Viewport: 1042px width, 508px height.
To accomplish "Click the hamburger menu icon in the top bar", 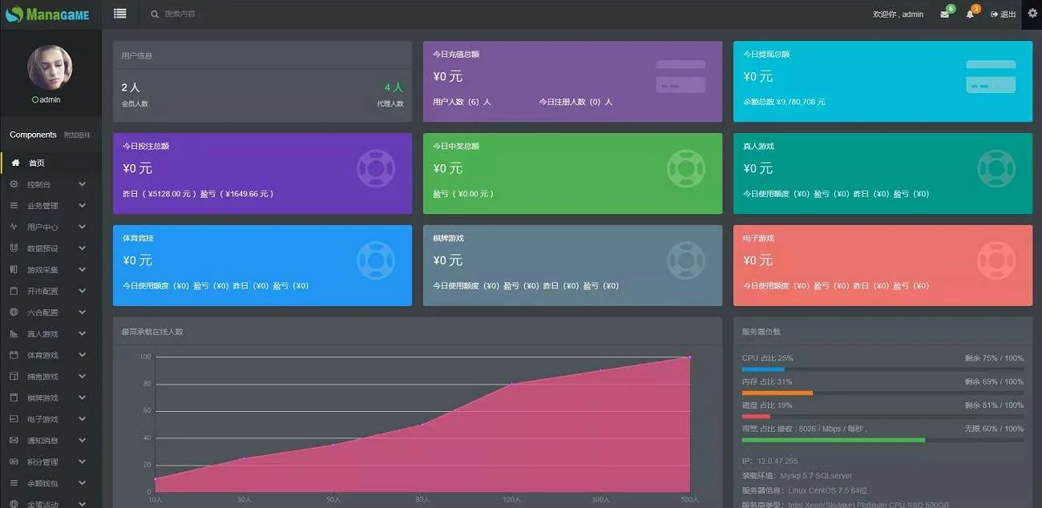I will (120, 14).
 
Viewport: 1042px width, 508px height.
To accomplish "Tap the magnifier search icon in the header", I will (155, 14).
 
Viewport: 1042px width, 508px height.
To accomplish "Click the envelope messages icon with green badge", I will (945, 14).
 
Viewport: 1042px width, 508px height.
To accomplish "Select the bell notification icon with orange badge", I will (970, 14).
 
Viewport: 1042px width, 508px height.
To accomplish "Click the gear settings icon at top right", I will (1032, 14).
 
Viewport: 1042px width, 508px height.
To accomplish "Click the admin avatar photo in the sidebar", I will (50, 67).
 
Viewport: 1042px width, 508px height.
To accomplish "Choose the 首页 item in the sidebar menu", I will (37, 163).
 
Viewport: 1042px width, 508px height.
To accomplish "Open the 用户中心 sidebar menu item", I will (42, 227).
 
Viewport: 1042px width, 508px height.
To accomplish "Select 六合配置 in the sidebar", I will (42, 312).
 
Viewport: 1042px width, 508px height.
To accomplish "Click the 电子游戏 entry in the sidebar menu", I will (42, 419).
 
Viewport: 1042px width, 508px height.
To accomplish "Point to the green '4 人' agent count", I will (394, 87).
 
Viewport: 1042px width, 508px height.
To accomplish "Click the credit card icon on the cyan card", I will (991, 76).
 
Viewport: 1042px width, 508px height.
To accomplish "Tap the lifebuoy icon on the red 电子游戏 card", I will (996, 260).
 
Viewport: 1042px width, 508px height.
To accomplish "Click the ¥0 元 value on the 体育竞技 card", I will (137, 260).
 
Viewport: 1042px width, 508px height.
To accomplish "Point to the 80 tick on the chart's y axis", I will (145, 384).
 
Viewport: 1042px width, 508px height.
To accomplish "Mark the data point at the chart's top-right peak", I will (689, 357).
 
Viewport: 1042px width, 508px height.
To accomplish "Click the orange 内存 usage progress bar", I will (777, 393).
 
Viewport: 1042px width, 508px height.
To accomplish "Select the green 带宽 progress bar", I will (833, 440).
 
